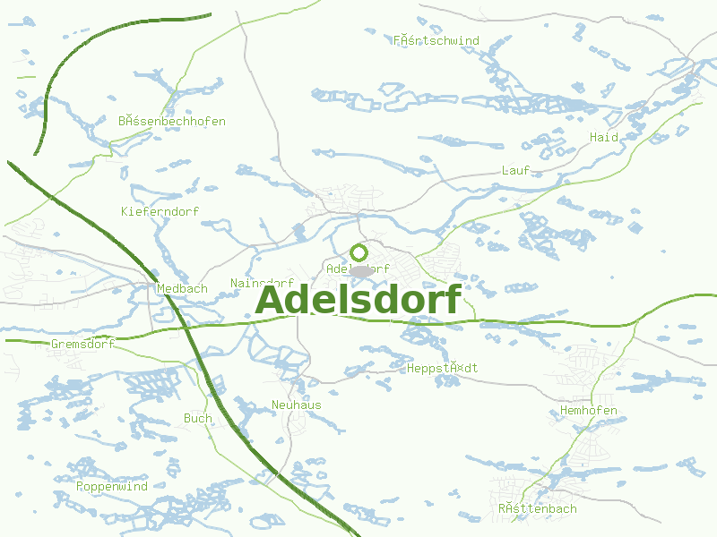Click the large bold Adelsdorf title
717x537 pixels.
[x=358, y=301]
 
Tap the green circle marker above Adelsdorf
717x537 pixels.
[x=358, y=252]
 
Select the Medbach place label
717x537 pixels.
[x=182, y=289]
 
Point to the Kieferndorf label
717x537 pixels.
[x=160, y=211]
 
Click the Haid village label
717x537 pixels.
[x=604, y=137]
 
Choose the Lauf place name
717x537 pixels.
[x=515, y=170]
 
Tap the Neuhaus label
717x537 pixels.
[x=296, y=405]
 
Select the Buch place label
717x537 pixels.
[x=197, y=418]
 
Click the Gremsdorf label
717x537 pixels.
[x=83, y=345]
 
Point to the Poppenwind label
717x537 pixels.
[x=112, y=487]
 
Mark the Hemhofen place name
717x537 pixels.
[x=588, y=411]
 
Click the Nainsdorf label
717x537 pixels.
[x=262, y=283]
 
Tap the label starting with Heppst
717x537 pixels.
[x=442, y=369]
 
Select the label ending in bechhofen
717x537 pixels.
[x=171, y=121]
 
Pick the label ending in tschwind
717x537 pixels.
[x=436, y=40]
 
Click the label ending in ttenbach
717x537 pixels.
[x=538, y=509]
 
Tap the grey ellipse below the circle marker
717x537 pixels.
[x=360, y=270]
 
